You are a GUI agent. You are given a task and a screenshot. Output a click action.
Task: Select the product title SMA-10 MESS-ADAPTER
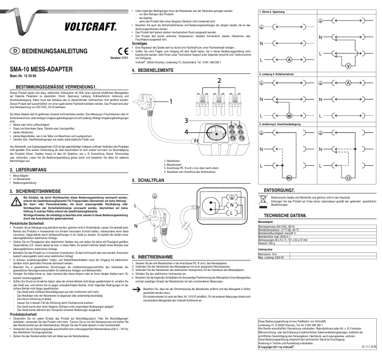coord(41,69)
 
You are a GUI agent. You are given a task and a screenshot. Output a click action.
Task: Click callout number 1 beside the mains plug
coord(170,101)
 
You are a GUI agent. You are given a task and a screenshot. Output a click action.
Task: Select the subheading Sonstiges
coord(141,42)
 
